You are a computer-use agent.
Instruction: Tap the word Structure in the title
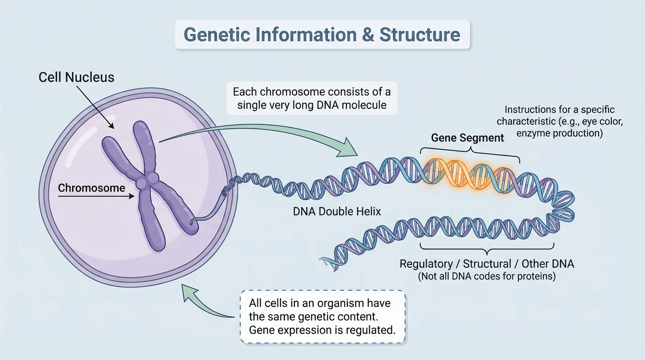point(420,35)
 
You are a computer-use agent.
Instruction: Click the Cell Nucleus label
point(76,77)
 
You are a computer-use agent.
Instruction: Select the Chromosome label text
point(91,188)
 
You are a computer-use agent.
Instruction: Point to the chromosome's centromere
point(146,181)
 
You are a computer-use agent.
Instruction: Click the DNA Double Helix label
point(337,211)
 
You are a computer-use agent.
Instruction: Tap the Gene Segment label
point(467,138)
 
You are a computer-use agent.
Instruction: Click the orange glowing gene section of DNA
point(469,172)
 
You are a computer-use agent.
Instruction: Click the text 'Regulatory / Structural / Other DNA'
point(487,263)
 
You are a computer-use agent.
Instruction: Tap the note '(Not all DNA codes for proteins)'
point(487,276)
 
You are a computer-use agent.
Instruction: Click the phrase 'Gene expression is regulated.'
point(322,330)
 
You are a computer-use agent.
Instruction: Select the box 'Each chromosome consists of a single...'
point(312,97)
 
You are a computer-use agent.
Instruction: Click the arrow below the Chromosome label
point(96,197)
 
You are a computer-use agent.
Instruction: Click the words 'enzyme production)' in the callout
point(559,134)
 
